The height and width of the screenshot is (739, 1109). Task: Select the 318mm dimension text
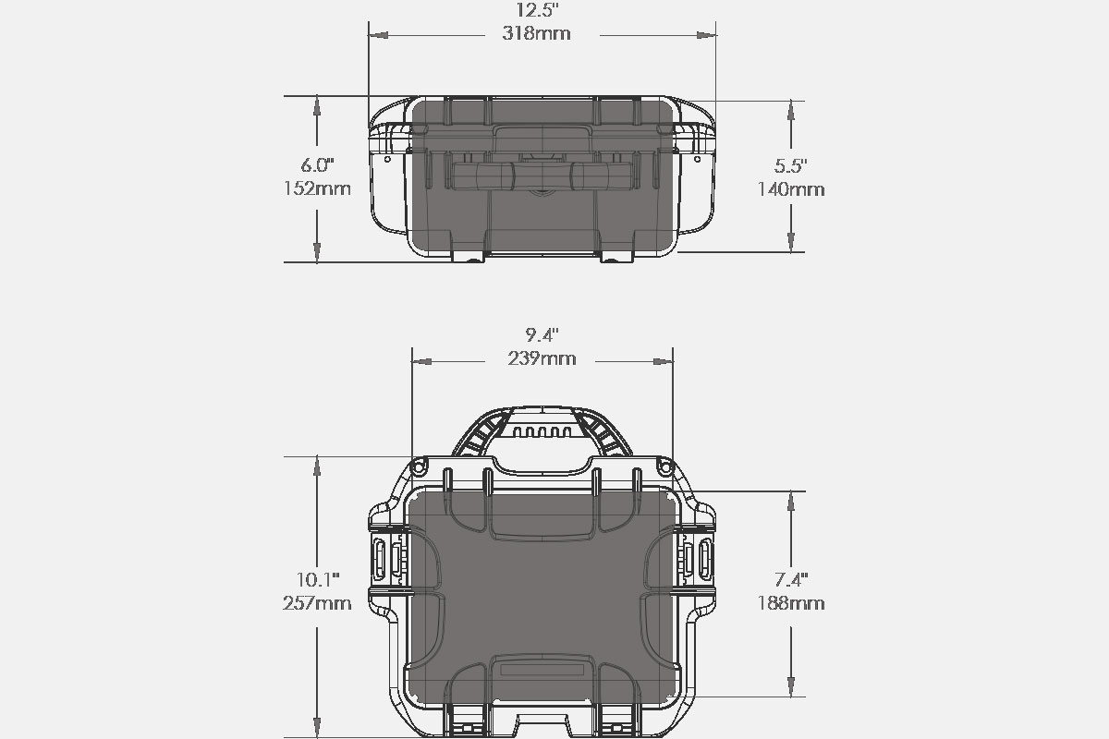(x=537, y=33)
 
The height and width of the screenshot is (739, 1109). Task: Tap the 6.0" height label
(x=317, y=165)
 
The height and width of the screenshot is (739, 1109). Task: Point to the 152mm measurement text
(x=317, y=188)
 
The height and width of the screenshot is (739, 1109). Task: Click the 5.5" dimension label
(x=791, y=166)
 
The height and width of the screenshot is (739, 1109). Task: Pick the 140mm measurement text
(x=791, y=189)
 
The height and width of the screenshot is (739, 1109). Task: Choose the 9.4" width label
(x=542, y=335)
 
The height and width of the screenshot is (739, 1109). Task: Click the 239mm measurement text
(x=542, y=358)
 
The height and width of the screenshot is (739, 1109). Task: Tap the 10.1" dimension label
(x=318, y=579)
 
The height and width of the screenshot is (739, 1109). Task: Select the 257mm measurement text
(x=317, y=603)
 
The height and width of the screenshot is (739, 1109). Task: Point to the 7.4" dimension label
(x=791, y=579)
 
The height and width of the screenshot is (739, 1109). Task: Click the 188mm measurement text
(x=791, y=603)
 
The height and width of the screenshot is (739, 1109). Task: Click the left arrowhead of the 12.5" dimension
(x=378, y=35)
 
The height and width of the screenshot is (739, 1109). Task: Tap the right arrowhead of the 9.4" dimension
(x=664, y=362)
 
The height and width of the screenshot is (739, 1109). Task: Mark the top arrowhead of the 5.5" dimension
(x=791, y=110)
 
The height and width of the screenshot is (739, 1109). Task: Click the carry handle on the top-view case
(x=542, y=176)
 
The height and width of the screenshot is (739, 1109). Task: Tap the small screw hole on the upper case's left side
(x=387, y=160)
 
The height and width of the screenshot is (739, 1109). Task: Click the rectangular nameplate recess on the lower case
(x=542, y=671)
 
